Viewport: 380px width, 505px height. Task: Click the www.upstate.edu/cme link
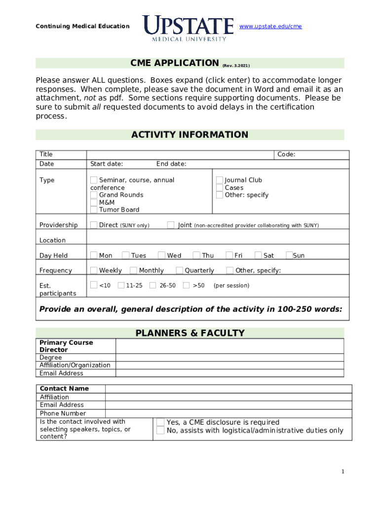(270, 26)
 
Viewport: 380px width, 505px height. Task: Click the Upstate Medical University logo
(188, 28)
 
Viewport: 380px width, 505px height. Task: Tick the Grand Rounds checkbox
(94, 195)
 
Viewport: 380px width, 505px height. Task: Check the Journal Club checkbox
(220, 180)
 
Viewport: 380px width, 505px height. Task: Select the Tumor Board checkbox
(94, 210)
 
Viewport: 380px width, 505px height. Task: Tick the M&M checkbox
(94, 202)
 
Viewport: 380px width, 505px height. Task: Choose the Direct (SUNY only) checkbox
(94, 225)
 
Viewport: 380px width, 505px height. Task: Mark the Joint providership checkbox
(171, 225)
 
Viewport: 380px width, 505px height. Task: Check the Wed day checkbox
(161, 255)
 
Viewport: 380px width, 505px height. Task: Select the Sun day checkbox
(289, 255)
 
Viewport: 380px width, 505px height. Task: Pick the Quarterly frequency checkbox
(180, 270)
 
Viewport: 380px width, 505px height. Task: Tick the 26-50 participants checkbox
(153, 285)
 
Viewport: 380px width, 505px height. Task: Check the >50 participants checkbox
(186, 285)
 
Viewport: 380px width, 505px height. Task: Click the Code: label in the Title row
(286, 154)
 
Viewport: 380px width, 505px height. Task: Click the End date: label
(171, 164)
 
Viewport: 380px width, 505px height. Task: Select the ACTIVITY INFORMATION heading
(190, 135)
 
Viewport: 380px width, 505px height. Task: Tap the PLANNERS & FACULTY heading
(190, 333)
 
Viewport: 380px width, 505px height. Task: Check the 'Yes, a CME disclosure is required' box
(160, 422)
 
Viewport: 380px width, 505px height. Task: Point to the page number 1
(342, 472)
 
